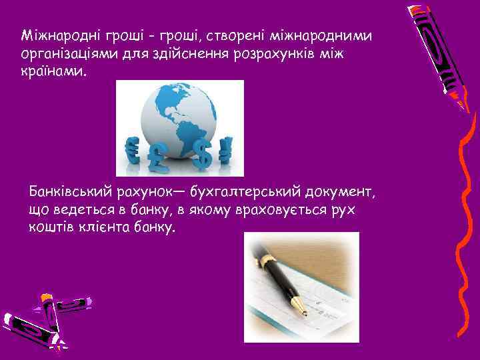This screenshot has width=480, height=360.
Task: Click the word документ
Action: pyautogui.click(x=341, y=193)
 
